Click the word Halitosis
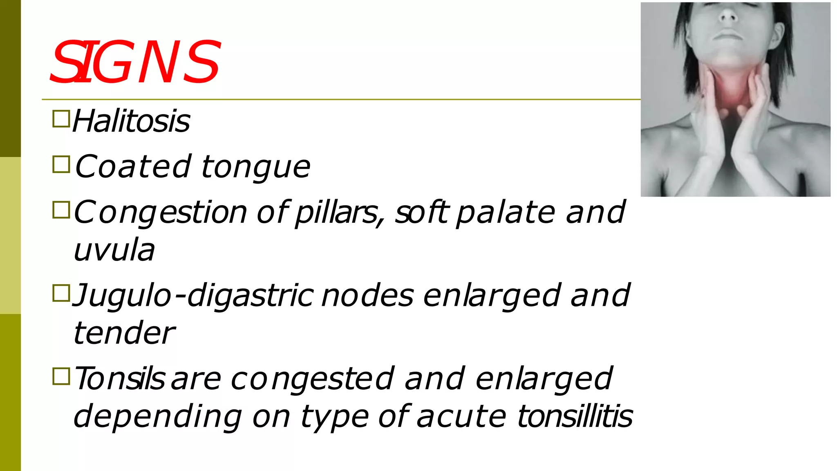pyautogui.click(x=131, y=121)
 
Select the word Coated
pyautogui.click(x=133, y=166)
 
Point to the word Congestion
pyautogui.click(x=161, y=213)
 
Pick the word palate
pyautogui.click(x=506, y=213)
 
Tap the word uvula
pyautogui.click(x=114, y=250)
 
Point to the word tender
pyautogui.click(x=124, y=333)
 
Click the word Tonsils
pyautogui.click(x=119, y=379)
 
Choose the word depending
pyautogui.click(x=158, y=416)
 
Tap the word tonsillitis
pyautogui.click(x=575, y=416)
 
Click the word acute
pyautogui.click(x=461, y=416)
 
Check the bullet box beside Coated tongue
pyautogui.click(x=61, y=164)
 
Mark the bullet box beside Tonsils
pyautogui.click(x=61, y=376)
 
